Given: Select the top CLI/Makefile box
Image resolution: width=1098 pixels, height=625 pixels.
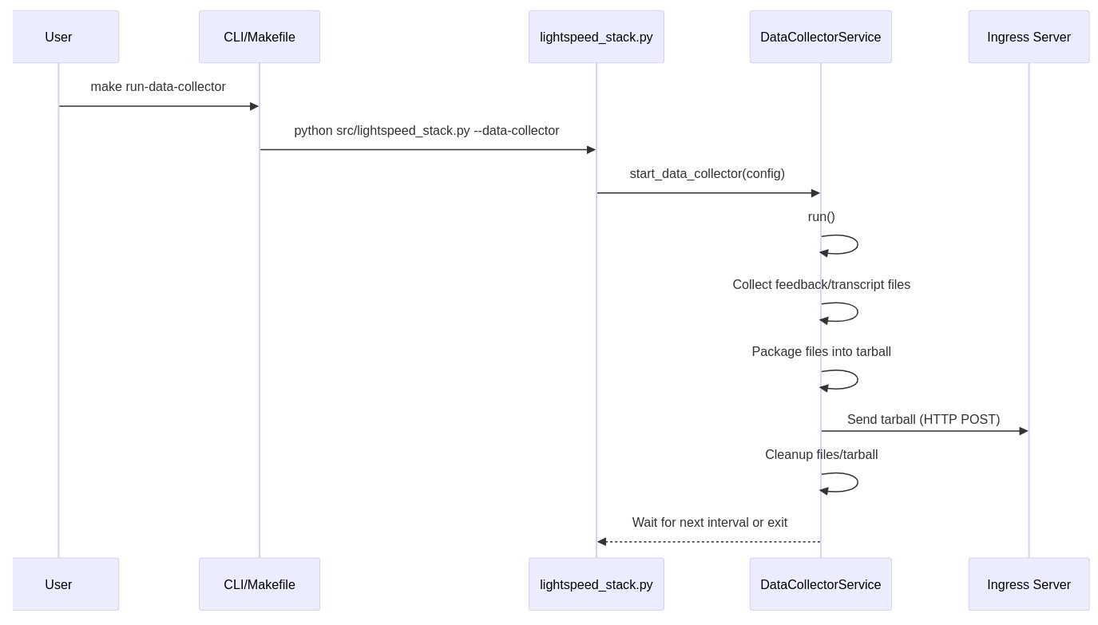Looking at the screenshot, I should [x=260, y=37].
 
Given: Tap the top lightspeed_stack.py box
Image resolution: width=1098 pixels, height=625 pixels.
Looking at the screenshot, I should [x=596, y=37].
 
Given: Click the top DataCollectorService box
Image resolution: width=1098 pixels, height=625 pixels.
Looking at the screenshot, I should [x=820, y=37].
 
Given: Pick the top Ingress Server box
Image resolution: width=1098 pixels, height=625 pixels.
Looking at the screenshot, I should [x=1029, y=37].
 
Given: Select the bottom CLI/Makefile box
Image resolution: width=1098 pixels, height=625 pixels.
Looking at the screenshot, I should [x=260, y=584].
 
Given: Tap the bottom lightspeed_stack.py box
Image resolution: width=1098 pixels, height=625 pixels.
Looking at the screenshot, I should [x=596, y=584].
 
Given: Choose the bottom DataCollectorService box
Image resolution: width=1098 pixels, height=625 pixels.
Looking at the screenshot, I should [x=820, y=584].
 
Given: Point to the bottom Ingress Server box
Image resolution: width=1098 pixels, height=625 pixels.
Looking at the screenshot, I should [x=1029, y=584].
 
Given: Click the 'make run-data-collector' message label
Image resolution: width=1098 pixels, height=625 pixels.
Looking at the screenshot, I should [x=158, y=87].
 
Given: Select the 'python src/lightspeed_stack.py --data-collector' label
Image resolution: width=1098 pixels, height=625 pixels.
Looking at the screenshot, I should [x=426, y=131].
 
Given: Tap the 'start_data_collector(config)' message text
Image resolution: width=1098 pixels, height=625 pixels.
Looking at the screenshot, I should [x=707, y=174].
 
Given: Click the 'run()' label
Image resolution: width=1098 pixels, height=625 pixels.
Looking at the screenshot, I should [x=821, y=217].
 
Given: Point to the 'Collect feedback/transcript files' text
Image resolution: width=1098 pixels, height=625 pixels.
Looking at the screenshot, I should [x=821, y=285].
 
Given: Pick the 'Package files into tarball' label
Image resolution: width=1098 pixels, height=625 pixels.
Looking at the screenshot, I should [x=821, y=352].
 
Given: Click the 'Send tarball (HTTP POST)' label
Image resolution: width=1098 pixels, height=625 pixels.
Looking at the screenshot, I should [x=923, y=420].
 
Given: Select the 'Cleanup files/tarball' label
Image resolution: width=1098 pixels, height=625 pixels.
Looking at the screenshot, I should [x=821, y=455].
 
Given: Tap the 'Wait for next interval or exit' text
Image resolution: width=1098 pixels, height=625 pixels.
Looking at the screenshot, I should [x=709, y=523].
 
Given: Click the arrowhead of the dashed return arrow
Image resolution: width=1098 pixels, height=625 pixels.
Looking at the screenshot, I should [x=602, y=542].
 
